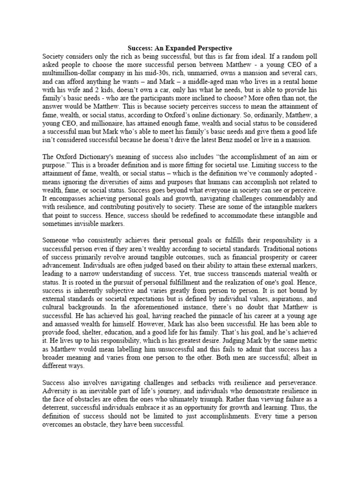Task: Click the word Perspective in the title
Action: point(210,48)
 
